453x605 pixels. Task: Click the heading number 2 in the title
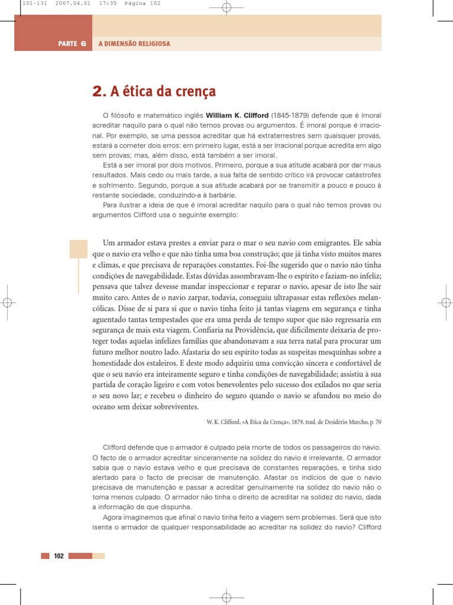click(x=98, y=92)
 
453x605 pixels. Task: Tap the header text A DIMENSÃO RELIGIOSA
click(x=134, y=44)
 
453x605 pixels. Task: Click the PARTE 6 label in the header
click(x=72, y=44)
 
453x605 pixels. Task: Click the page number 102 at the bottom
click(x=58, y=555)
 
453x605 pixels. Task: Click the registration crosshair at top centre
click(x=226, y=7)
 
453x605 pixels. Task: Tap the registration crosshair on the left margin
click(x=7, y=302)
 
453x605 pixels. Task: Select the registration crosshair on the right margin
click(x=445, y=302)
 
